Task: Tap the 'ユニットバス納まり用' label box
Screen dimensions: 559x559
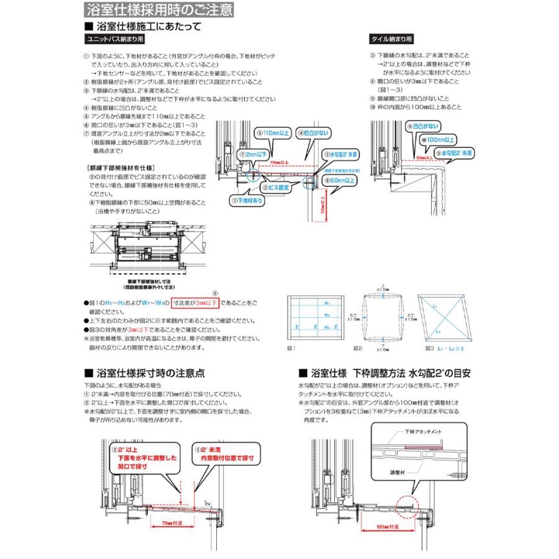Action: click(114, 38)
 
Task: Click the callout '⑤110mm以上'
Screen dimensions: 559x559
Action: click(271, 133)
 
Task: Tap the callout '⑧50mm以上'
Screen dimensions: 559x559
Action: click(339, 181)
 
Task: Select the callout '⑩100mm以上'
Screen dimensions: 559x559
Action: click(440, 140)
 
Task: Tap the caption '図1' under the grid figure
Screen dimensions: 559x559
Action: click(292, 350)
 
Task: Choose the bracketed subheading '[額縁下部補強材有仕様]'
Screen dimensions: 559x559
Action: click(121, 168)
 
